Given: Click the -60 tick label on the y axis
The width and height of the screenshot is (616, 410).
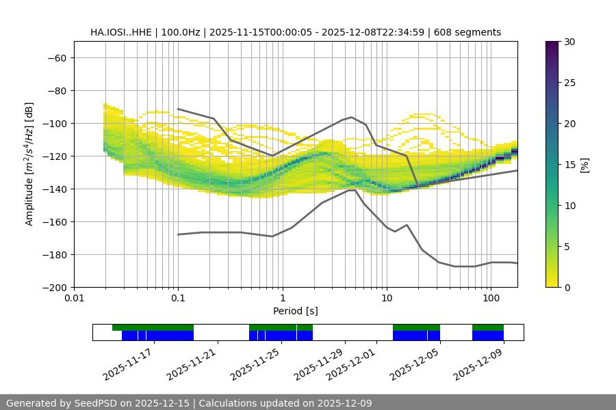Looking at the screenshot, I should point(56,58).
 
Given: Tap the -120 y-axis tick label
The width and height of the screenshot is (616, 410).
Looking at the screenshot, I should point(53,156).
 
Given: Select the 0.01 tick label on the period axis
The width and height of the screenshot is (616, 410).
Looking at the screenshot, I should point(74,299).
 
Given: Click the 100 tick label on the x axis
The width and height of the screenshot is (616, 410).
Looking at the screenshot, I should point(490,299).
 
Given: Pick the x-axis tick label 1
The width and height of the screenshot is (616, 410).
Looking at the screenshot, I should point(282,299).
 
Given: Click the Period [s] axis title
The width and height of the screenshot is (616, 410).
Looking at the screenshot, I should point(295,311).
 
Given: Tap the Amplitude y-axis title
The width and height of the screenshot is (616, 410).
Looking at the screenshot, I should point(29,164).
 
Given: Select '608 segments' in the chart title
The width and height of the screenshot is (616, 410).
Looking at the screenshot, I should point(472,32).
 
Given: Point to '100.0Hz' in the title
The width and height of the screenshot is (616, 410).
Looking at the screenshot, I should point(183,32).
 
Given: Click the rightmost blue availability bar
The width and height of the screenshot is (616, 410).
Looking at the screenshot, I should point(488,336).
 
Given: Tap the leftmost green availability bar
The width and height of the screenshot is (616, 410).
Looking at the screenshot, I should point(153,327).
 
